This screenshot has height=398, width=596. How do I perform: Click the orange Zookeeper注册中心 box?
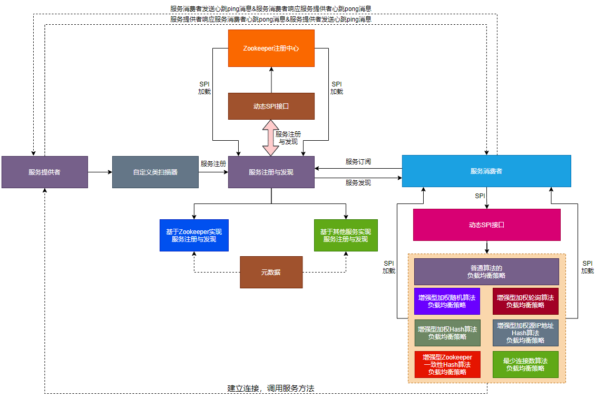point(271,48)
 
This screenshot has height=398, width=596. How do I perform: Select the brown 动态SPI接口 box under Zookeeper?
point(271,106)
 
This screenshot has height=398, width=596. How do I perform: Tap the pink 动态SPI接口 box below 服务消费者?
point(486,225)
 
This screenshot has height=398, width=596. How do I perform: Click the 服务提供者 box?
point(45,172)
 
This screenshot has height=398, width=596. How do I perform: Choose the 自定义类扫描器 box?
point(155,172)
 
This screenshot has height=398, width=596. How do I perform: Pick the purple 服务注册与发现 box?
point(271,172)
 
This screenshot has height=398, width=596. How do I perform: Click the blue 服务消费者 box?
point(486,171)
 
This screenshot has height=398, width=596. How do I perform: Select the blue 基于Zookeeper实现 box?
point(194,235)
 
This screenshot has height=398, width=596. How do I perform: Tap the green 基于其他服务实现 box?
point(346,235)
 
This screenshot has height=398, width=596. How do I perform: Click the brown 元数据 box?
point(271,272)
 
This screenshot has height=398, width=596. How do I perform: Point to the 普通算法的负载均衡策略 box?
point(486,271)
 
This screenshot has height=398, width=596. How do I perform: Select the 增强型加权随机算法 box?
point(447,301)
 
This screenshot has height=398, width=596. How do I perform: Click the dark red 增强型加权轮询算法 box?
point(525,301)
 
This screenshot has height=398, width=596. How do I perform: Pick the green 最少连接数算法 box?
point(525,364)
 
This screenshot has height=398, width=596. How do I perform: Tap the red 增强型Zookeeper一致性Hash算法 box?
point(447,364)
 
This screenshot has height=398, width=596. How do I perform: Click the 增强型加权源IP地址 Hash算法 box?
point(525,333)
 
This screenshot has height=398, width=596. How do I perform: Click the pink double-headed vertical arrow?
point(270,138)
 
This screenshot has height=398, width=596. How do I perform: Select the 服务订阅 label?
point(358,161)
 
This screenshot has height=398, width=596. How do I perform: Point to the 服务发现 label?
point(358,183)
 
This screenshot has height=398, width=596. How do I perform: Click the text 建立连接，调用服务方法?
point(271,389)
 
